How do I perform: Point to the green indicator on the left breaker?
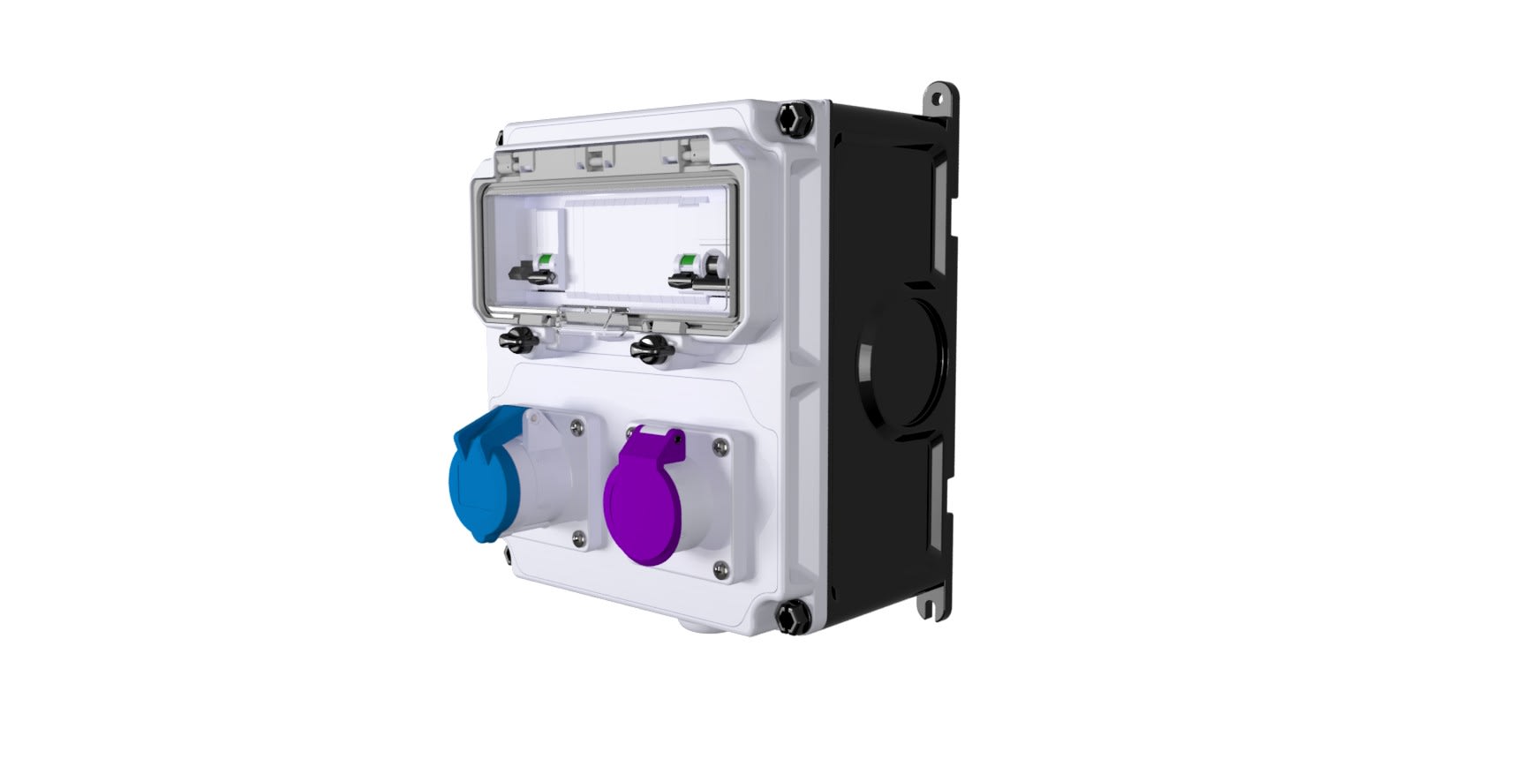tap(545, 259)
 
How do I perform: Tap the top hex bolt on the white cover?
tap(792, 116)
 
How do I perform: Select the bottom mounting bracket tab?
tap(929, 605)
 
